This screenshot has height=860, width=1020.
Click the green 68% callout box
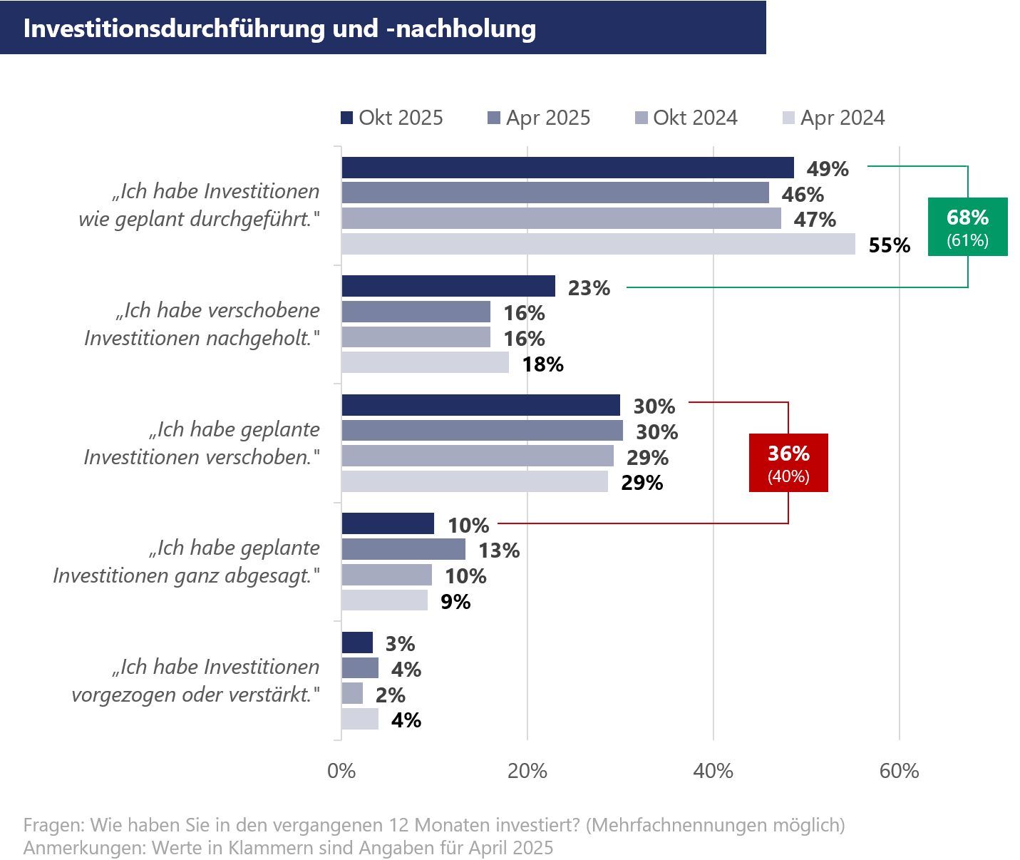pyautogui.click(x=967, y=226)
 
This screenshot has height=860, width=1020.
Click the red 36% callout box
pyautogui.click(x=788, y=462)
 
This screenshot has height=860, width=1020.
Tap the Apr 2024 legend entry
pyautogui.click(x=833, y=118)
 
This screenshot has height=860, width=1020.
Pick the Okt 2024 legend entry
pyautogui.click(x=686, y=118)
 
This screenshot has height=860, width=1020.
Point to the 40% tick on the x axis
pyautogui.click(x=713, y=771)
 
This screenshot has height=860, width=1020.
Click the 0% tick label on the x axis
pyautogui.click(x=341, y=771)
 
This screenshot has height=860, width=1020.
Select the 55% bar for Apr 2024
pyautogui.click(x=598, y=244)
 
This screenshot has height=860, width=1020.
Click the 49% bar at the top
pyautogui.click(x=567, y=168)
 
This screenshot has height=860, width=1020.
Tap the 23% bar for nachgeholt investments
pyautogui.click(x=448, y=286)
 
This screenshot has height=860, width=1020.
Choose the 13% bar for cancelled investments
pyautogui.click(x=403, y=549)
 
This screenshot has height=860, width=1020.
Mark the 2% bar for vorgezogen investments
pyautogui.click(x=352, y=693)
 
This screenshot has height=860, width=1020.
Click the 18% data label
pyautogui.click(x=542, y=364)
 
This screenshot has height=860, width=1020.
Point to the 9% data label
pyautogui.click(x=455, y=602)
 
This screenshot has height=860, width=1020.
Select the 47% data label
pyautogui.click(x=815, y=220)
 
